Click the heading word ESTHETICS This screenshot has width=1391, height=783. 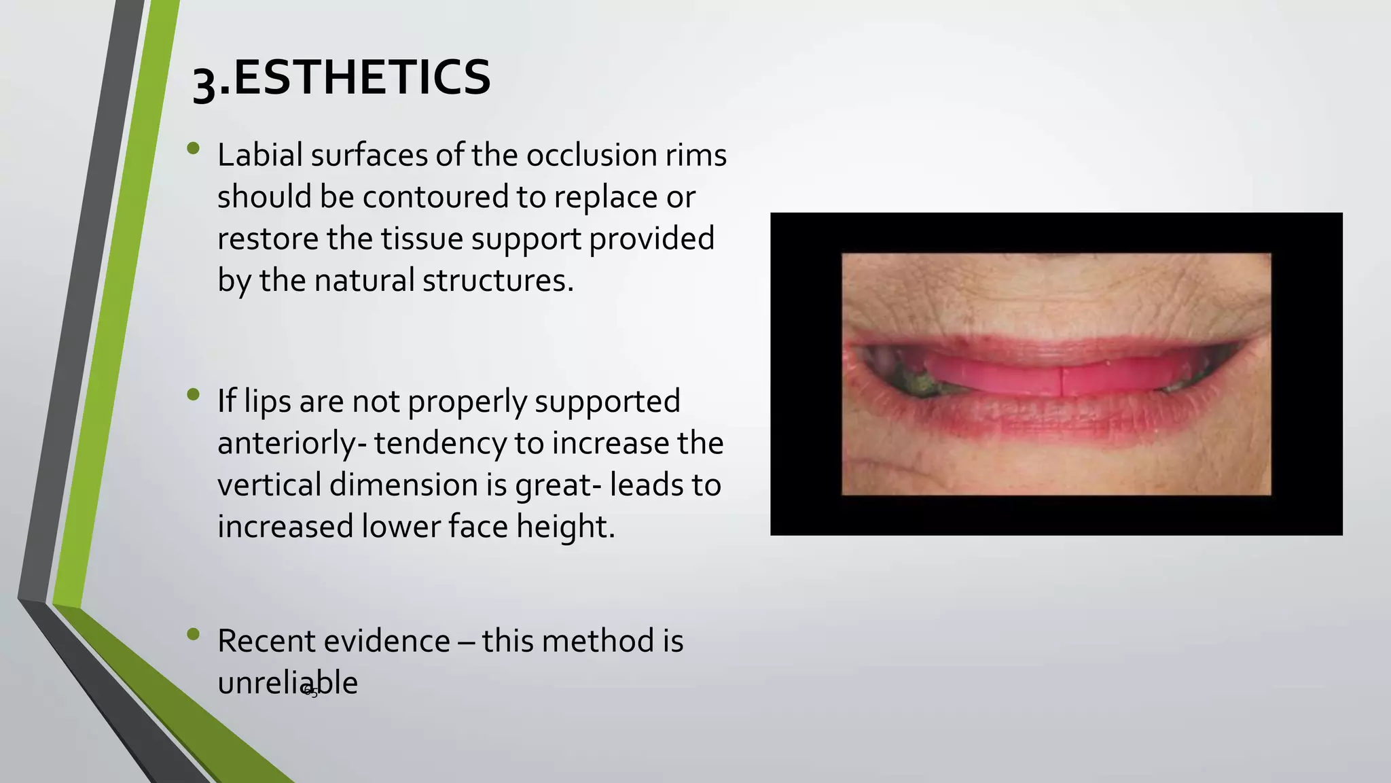click(x=361, y=77)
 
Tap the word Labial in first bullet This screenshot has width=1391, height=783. click(x=259, y=155)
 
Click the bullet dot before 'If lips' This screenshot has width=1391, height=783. click(x=194, y=394)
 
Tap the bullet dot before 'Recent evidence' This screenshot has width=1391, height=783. click(x=194, y=634)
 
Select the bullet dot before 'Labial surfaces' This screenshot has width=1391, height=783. click(x=194, y=147)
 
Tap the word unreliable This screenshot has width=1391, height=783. click(x=287, y=682)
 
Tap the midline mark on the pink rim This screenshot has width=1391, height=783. click(x=1062, y=381)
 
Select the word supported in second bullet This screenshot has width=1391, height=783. click(x=607, y=401)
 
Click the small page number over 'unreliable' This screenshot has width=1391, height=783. click(x=312, y=693)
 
